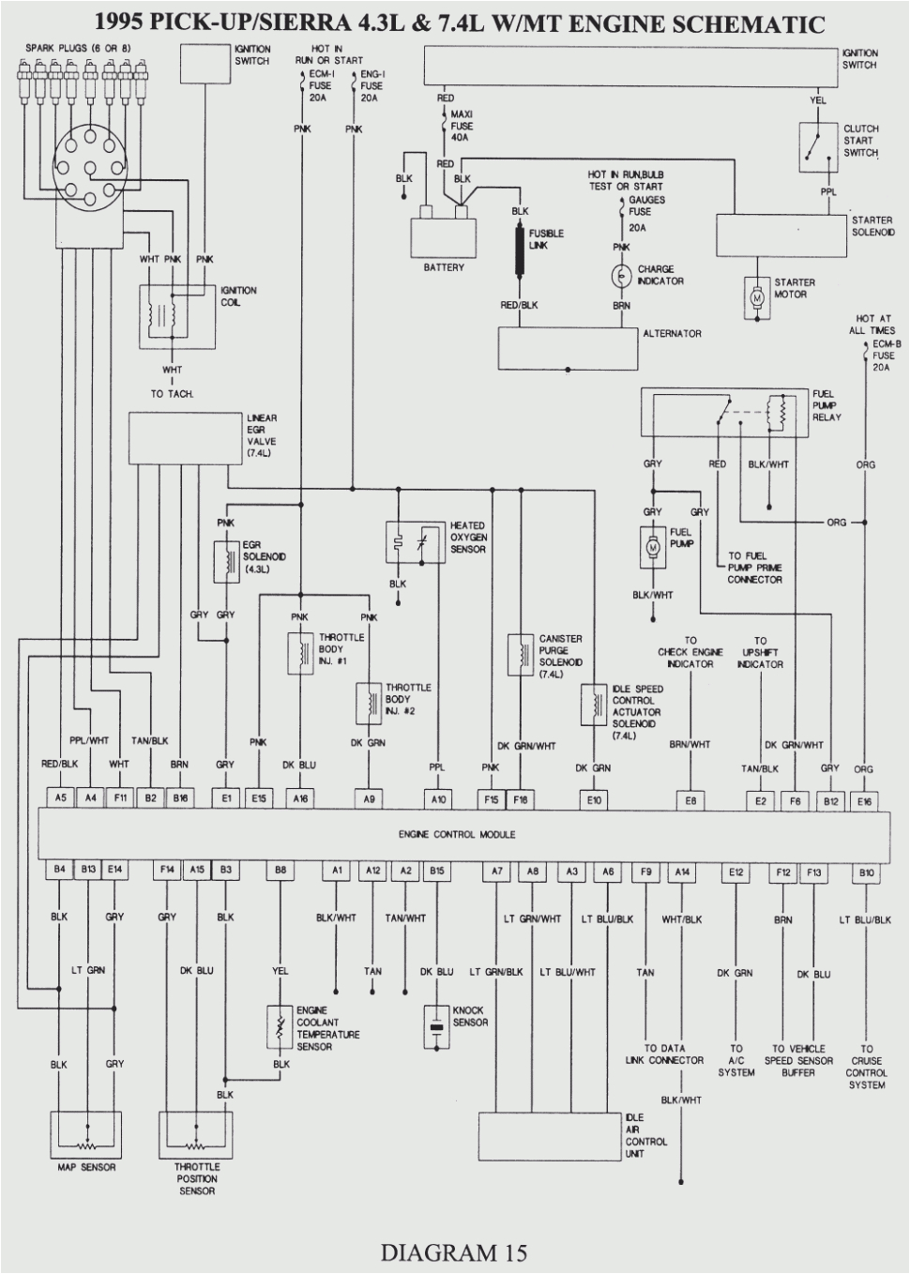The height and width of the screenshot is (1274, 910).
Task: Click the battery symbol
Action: click(443, 235)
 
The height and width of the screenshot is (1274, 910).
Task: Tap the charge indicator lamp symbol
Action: click(621, 275)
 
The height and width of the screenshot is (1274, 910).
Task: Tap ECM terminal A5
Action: click(60, 798)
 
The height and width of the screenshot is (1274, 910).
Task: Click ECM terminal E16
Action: click(863, 800)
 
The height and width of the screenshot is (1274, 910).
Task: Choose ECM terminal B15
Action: click(436, 871)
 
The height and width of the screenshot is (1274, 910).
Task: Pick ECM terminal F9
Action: click(645, 872)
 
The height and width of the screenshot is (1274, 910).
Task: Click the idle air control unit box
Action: click(550, 1136)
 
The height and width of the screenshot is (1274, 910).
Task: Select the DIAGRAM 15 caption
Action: click(454, 1251)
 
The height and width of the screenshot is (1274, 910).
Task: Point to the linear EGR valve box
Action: click(185, 438)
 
